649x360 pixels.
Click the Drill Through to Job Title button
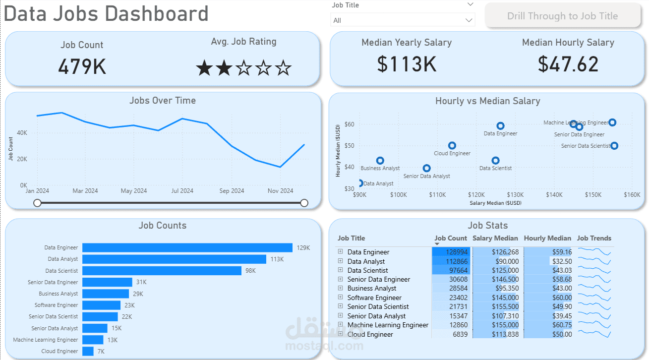[562, 16]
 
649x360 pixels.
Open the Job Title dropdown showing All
[402, 20]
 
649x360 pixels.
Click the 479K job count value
[82, 66]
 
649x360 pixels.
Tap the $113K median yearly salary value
[406, 64]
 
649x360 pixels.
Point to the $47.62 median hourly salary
[568, 64]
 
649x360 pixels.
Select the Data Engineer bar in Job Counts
[187, 247]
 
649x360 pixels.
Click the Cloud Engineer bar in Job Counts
[88, 351]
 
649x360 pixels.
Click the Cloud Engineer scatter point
[452, 145]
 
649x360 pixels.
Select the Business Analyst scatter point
[380, 161]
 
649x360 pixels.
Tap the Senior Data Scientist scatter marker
[614, 146]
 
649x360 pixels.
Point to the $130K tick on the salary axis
[515, 195]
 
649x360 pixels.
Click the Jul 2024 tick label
[182, 191]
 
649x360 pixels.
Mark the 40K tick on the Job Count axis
[21, 133]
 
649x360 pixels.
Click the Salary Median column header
[495, 238]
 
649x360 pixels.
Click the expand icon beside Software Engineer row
[341, 297]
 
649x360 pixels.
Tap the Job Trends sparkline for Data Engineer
[594, 252]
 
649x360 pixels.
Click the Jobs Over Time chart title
[162, 100]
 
